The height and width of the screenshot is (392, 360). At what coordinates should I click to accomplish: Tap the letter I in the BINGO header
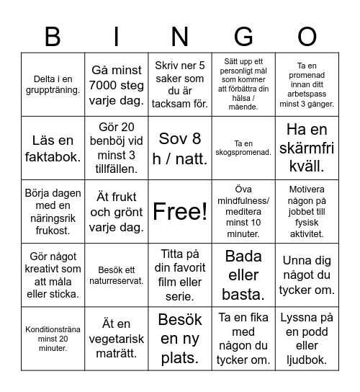click(x=116, y=35)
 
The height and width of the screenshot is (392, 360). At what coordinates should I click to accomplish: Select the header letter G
click(x=243, y=35)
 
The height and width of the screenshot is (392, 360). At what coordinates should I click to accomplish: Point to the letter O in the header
click(x=307, y=35)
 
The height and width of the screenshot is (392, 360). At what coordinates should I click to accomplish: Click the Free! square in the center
click(x=180, y=211)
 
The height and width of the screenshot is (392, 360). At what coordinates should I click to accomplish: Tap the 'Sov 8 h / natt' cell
click(x=180, y=148)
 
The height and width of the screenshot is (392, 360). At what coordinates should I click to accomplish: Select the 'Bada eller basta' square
click(x=243, y=274)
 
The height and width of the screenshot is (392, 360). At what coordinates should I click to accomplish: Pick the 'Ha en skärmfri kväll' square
click(x=307, y=148)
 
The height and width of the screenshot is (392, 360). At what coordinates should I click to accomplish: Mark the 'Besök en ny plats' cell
click(x=180, y=337)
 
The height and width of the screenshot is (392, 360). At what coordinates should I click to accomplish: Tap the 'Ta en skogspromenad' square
click(x=243, y=148)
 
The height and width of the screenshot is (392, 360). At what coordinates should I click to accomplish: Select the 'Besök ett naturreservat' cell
click(x=116, y=274)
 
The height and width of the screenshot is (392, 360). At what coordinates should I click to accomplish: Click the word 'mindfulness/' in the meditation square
click(x=243, y=201)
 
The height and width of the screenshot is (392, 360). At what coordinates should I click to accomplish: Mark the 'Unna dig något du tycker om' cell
click(x=307, y=274)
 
